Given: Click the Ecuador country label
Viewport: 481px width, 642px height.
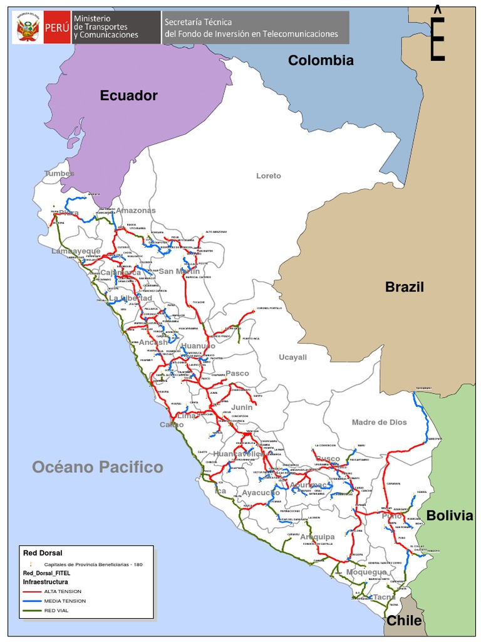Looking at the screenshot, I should click(x=128, y=95).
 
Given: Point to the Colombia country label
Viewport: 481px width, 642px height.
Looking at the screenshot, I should click(x=321, y=60).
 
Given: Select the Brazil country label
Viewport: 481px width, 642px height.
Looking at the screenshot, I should click(x=404, y=287).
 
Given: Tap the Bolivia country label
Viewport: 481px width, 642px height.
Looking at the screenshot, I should click(x=449, y=515).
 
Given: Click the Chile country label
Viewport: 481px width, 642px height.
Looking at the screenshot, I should click(x=404, y=621).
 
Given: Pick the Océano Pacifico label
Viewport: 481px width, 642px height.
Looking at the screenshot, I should click(x=98, y=467).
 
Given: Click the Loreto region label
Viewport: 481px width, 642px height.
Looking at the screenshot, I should click(x=269, y=176).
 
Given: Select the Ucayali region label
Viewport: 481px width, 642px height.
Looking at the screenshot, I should click(x=292, y=357).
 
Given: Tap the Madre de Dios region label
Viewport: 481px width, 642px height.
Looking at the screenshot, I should click(x=379, y=422).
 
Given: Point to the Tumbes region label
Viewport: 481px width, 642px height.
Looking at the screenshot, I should click(x=59, y=173).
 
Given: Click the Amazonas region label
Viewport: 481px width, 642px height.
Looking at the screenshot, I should click(x=136, y=211).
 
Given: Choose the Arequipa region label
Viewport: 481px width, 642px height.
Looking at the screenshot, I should click(x=317, y=537).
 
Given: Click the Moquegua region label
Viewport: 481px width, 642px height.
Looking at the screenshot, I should click(x=366, y=572).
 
